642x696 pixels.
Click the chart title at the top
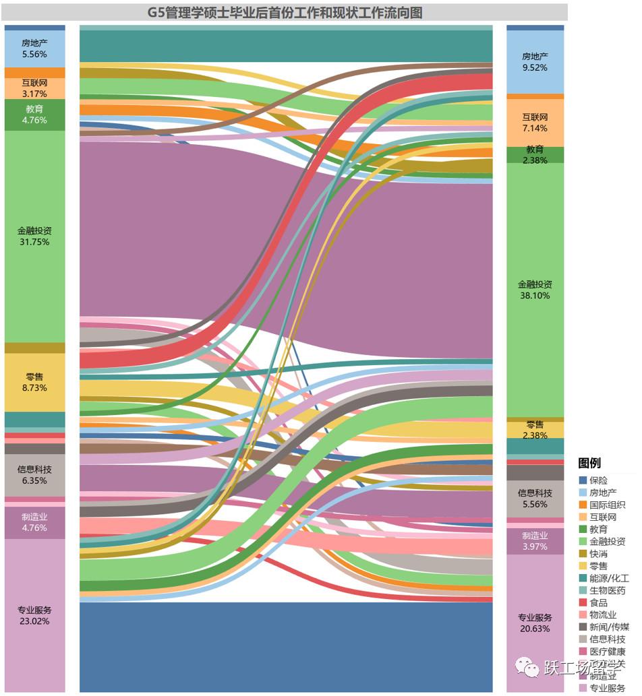pos(285,12)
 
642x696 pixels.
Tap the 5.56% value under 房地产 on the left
pos(34,54)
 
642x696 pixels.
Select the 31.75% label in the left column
pos(34,242)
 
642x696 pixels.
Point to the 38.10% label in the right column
pos(535,295)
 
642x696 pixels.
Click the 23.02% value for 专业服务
pos(34,621)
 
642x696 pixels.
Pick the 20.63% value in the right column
pos(535,629)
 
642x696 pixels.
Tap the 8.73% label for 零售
pos(34,389)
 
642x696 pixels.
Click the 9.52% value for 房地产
pos(535,67)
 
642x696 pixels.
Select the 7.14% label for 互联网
pos(535,127)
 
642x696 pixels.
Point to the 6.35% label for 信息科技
pos(34,481)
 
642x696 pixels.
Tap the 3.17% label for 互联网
pos(34,94)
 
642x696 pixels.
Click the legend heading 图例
pos(589,463)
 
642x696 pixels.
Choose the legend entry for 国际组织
pos(607,505)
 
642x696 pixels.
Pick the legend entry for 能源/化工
pos(609,578)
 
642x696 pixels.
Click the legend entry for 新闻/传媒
pos(609,627)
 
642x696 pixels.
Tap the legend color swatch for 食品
pos(583,602)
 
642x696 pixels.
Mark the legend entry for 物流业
pos(603,614)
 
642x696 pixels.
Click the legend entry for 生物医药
pos(607,590)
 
